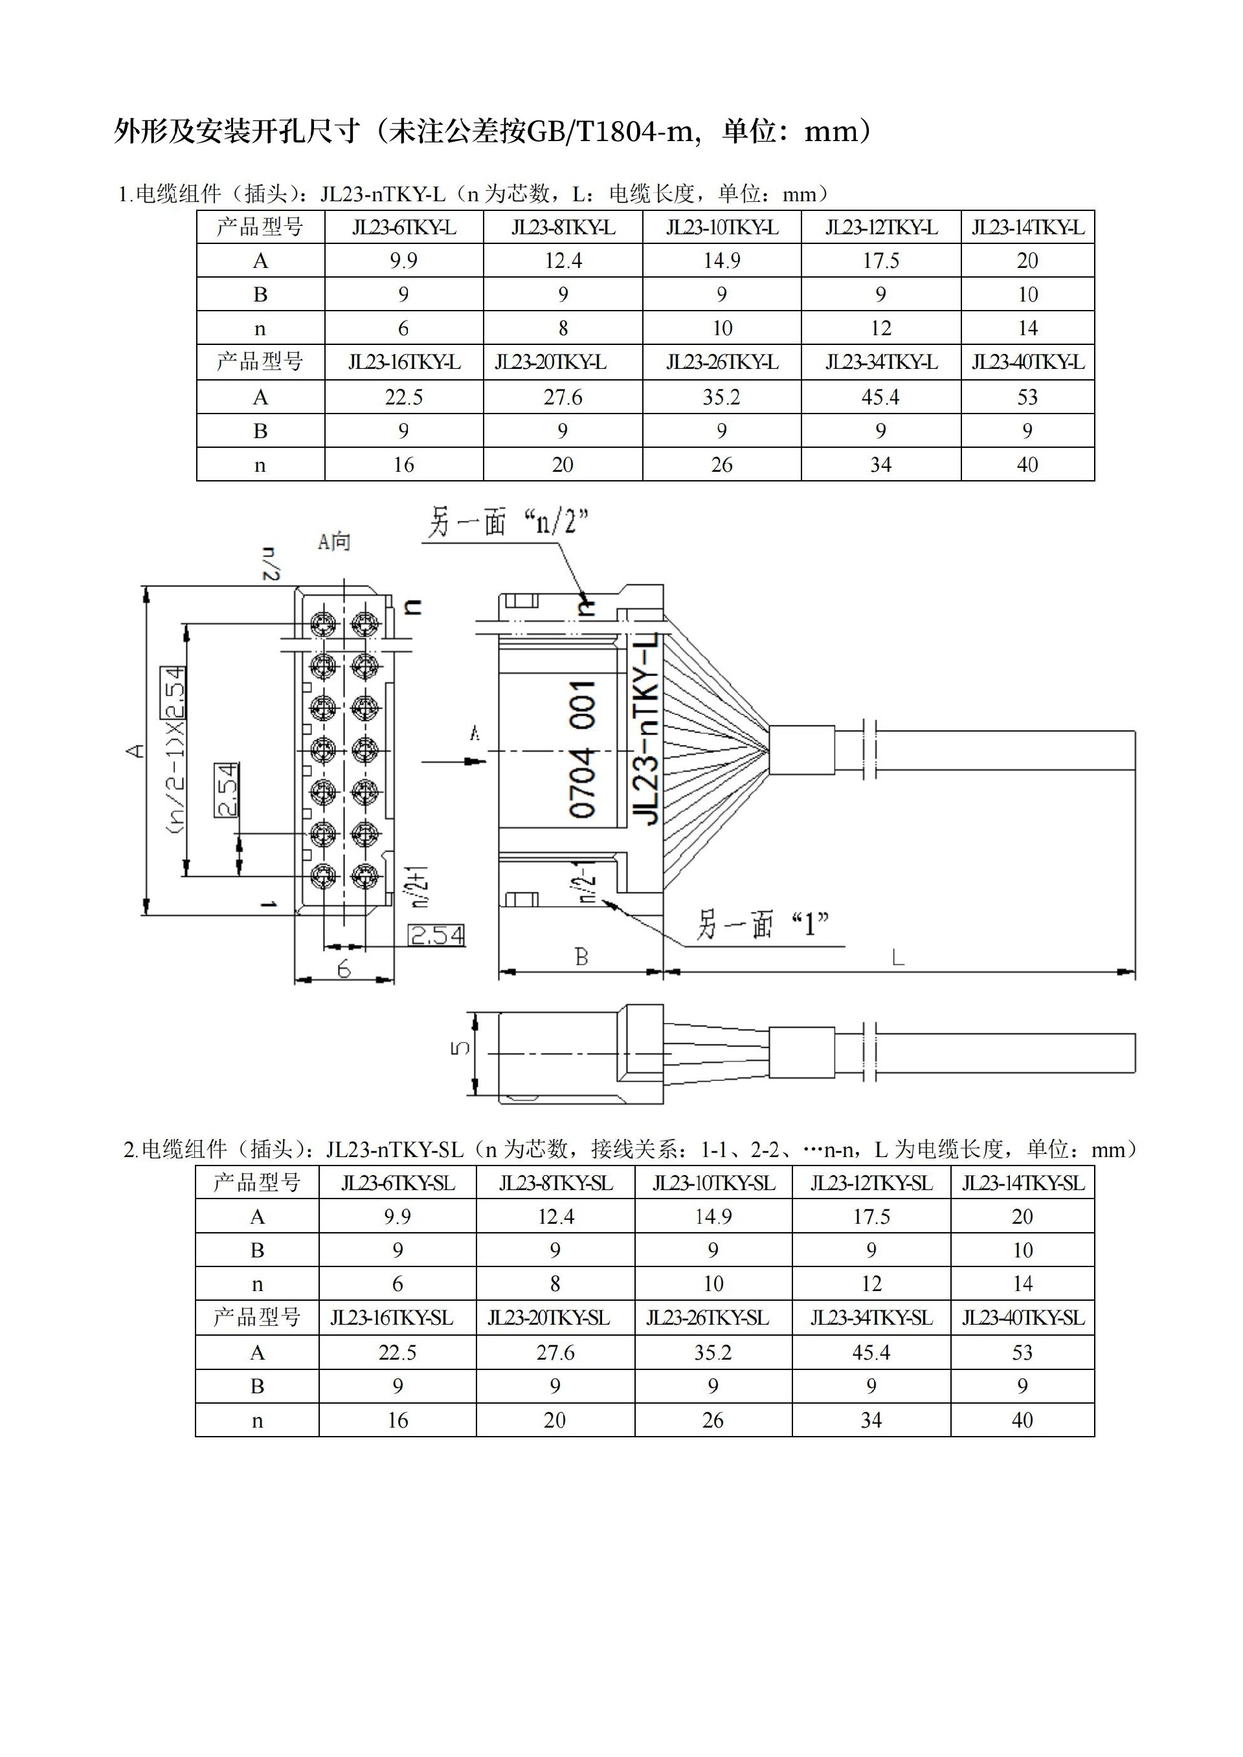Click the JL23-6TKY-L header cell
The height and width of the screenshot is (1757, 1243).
[403, 227]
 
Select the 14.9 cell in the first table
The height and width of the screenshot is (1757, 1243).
[721, 261]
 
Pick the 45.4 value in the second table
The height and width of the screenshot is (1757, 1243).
[871, 1352]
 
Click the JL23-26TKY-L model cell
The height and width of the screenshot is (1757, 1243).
[721, 362]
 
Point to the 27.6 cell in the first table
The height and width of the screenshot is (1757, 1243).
[563, 397]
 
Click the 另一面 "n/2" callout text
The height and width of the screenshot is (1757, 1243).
[507, 524]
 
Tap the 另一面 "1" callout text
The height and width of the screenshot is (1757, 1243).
[761, 925]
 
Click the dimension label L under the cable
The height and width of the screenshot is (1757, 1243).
[899, 957]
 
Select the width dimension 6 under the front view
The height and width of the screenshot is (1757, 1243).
[344, 969]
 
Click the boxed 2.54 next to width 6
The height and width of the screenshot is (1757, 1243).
[436, 935]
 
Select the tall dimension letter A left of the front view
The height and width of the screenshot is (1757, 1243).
[135, 750]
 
